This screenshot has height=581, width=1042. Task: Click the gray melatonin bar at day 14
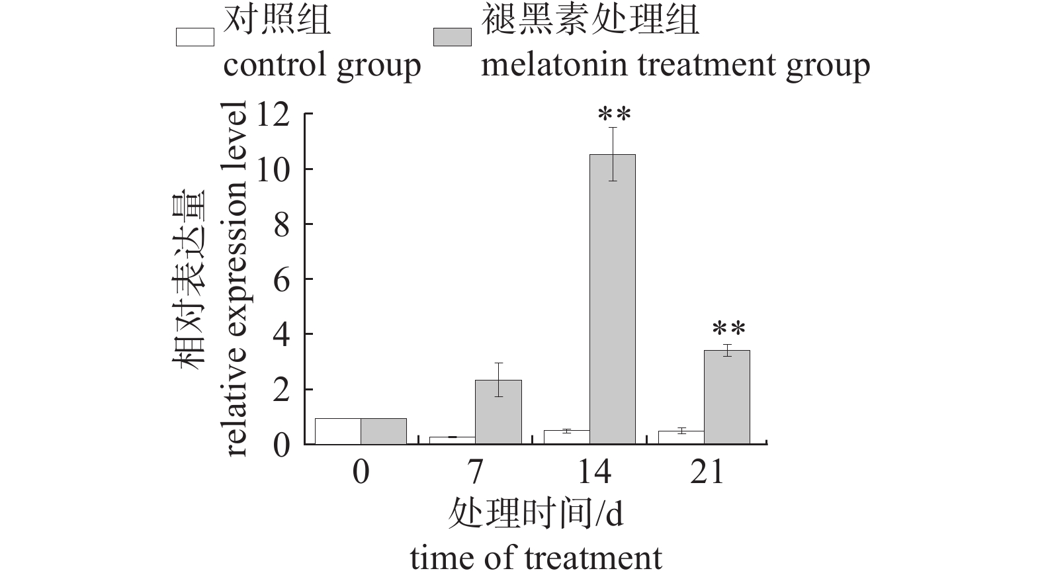point(613,299)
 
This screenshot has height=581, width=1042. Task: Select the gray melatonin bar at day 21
point(727,397)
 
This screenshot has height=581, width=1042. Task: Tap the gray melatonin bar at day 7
point(498,412)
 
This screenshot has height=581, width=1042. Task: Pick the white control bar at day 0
point(337,431)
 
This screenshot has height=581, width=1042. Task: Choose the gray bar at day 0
point(384,431)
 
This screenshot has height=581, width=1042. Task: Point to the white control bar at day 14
point(566,437)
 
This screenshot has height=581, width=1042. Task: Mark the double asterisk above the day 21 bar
point(728,330)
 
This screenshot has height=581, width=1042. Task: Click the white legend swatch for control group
point(195,37)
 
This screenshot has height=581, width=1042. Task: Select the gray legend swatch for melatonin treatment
point(453,37)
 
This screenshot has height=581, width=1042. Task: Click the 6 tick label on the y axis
point(282,280)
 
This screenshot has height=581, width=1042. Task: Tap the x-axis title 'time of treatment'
point(536,557)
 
